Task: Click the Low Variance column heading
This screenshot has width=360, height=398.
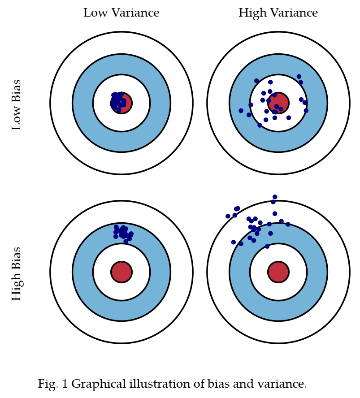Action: pos(121,13)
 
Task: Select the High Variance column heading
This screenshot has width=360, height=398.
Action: pos(278,13)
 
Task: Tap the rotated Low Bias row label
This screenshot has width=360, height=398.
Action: pos(16,105)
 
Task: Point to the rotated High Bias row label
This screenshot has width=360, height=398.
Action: pos(17,273)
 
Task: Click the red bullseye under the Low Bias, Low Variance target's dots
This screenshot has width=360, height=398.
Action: pos(121,103)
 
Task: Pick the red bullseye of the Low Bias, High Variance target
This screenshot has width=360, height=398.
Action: pos(278,103)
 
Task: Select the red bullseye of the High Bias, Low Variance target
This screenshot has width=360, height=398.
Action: pos(121,272)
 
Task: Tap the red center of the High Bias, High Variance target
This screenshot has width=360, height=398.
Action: pos(278,272)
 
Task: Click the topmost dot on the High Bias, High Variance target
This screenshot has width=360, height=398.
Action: pos(275,197)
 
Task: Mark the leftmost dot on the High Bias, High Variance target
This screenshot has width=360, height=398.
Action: pos(228,216)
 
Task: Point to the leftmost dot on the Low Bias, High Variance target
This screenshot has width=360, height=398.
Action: pos(241,111)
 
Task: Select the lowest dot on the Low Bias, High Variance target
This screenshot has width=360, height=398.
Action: pos(260,125)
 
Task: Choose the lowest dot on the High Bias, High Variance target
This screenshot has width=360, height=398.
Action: pos(267,246)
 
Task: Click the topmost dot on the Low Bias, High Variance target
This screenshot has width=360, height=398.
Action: pos(299,77)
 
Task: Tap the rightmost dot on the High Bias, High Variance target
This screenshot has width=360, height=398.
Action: pos(288,225)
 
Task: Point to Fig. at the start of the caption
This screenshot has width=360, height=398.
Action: pos(48,384)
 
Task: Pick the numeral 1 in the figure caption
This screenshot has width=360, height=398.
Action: pos(65,384)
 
